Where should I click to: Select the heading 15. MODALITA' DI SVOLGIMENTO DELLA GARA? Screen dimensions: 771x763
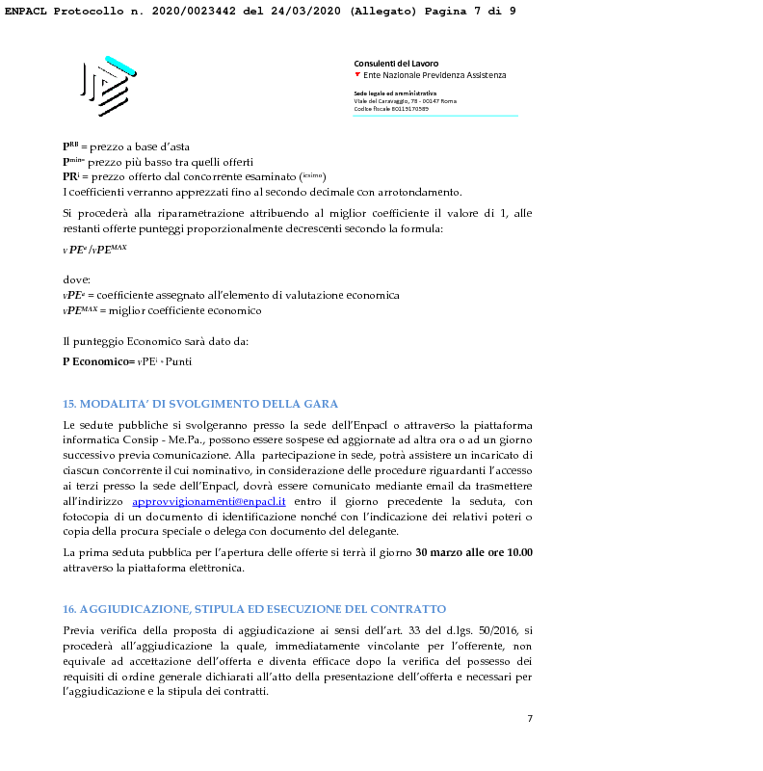click(x=200, y=404)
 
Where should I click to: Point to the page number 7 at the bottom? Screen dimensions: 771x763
click(x=530, y=718)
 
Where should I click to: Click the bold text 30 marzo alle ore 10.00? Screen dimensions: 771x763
click(x=473, y=553)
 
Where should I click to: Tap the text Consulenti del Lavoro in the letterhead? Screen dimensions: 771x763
click(x=396, y=64)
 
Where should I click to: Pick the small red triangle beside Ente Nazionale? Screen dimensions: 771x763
click(x=358, y=74)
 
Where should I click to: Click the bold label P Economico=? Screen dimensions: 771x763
click(x=98, y=360)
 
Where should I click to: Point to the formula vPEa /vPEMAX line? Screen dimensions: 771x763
click(x=94, y=249)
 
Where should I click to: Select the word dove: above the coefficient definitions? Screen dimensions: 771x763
click(x=76, y=279)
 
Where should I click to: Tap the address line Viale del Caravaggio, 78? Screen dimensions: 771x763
click(x=405, y=100)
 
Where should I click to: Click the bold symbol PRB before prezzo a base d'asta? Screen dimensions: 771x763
click(x=70, y=146)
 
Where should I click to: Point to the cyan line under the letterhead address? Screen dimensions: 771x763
click(x=435, y=116)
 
